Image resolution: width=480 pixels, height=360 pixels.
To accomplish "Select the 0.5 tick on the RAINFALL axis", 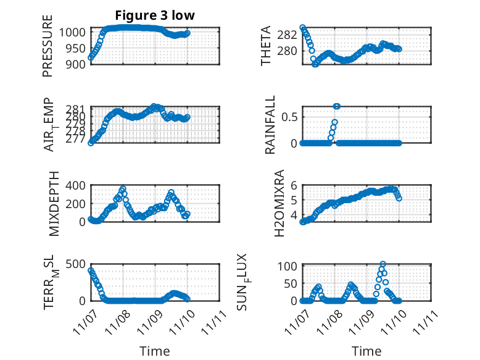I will pos(290,116).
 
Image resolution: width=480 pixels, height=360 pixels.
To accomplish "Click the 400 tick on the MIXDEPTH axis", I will pos(76,185).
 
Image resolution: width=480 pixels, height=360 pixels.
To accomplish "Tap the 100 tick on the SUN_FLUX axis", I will pos(290,266).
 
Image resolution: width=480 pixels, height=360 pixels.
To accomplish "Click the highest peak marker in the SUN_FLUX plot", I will pos(383,264).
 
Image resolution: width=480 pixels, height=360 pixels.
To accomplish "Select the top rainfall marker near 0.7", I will pos(337,106).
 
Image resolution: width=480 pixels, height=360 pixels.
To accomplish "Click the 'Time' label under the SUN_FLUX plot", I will pos(366,351).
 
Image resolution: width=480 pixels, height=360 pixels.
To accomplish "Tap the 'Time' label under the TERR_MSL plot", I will pos(154,351).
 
